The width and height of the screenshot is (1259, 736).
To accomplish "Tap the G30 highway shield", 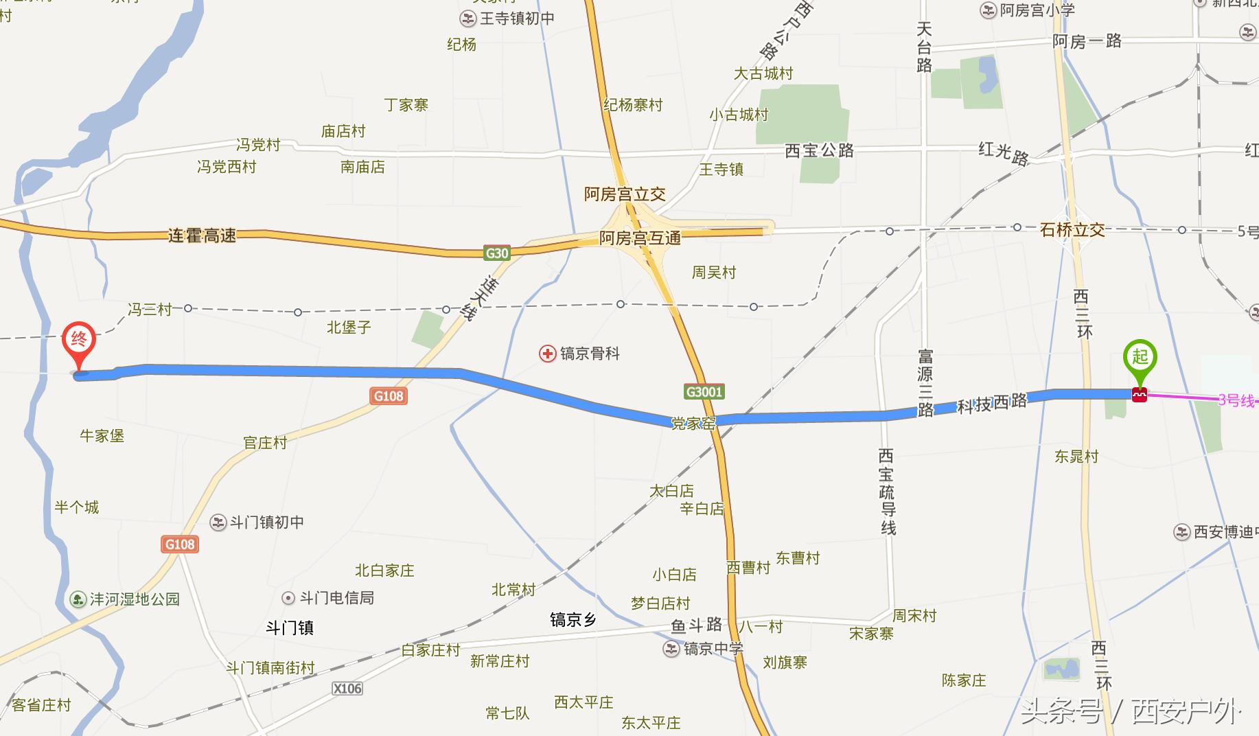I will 496,253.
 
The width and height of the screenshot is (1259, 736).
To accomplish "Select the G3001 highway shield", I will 704,392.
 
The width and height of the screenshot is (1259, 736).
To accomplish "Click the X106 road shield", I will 347,689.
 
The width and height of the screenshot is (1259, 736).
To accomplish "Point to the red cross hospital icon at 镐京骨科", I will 547,354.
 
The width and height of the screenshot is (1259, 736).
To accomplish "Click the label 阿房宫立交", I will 625,194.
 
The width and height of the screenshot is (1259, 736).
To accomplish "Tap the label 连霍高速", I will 202,236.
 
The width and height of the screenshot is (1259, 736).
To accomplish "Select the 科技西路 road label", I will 992,403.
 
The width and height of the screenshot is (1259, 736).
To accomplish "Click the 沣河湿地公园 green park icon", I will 78,599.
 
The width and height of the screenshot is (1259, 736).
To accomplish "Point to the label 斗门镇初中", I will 267,522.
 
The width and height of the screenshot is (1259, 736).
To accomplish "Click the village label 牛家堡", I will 102,436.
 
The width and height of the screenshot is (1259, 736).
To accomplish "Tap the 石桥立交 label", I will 1072,230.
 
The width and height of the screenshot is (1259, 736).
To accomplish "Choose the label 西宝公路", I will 819,150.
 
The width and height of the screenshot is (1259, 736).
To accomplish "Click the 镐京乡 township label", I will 573,621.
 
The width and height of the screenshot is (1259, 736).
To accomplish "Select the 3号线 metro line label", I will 1236,400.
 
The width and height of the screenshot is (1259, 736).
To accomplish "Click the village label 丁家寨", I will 406,105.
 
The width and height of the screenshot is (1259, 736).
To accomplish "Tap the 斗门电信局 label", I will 337,598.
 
